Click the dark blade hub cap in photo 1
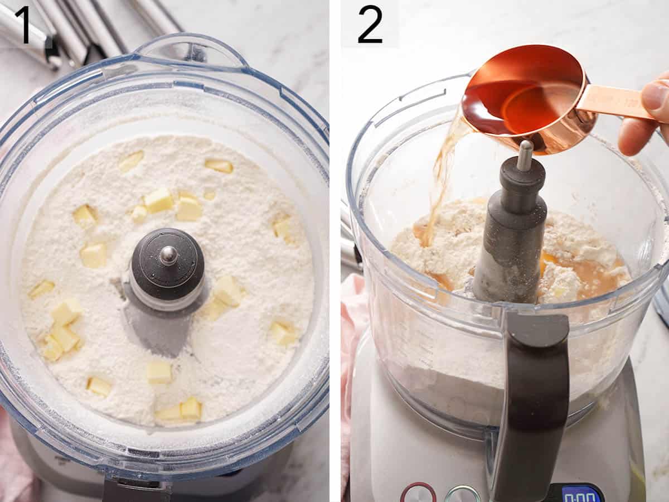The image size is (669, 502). pyautogui.click(x=168, y=262)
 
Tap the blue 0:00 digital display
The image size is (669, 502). pyautogui.click(x=580, y=494)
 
